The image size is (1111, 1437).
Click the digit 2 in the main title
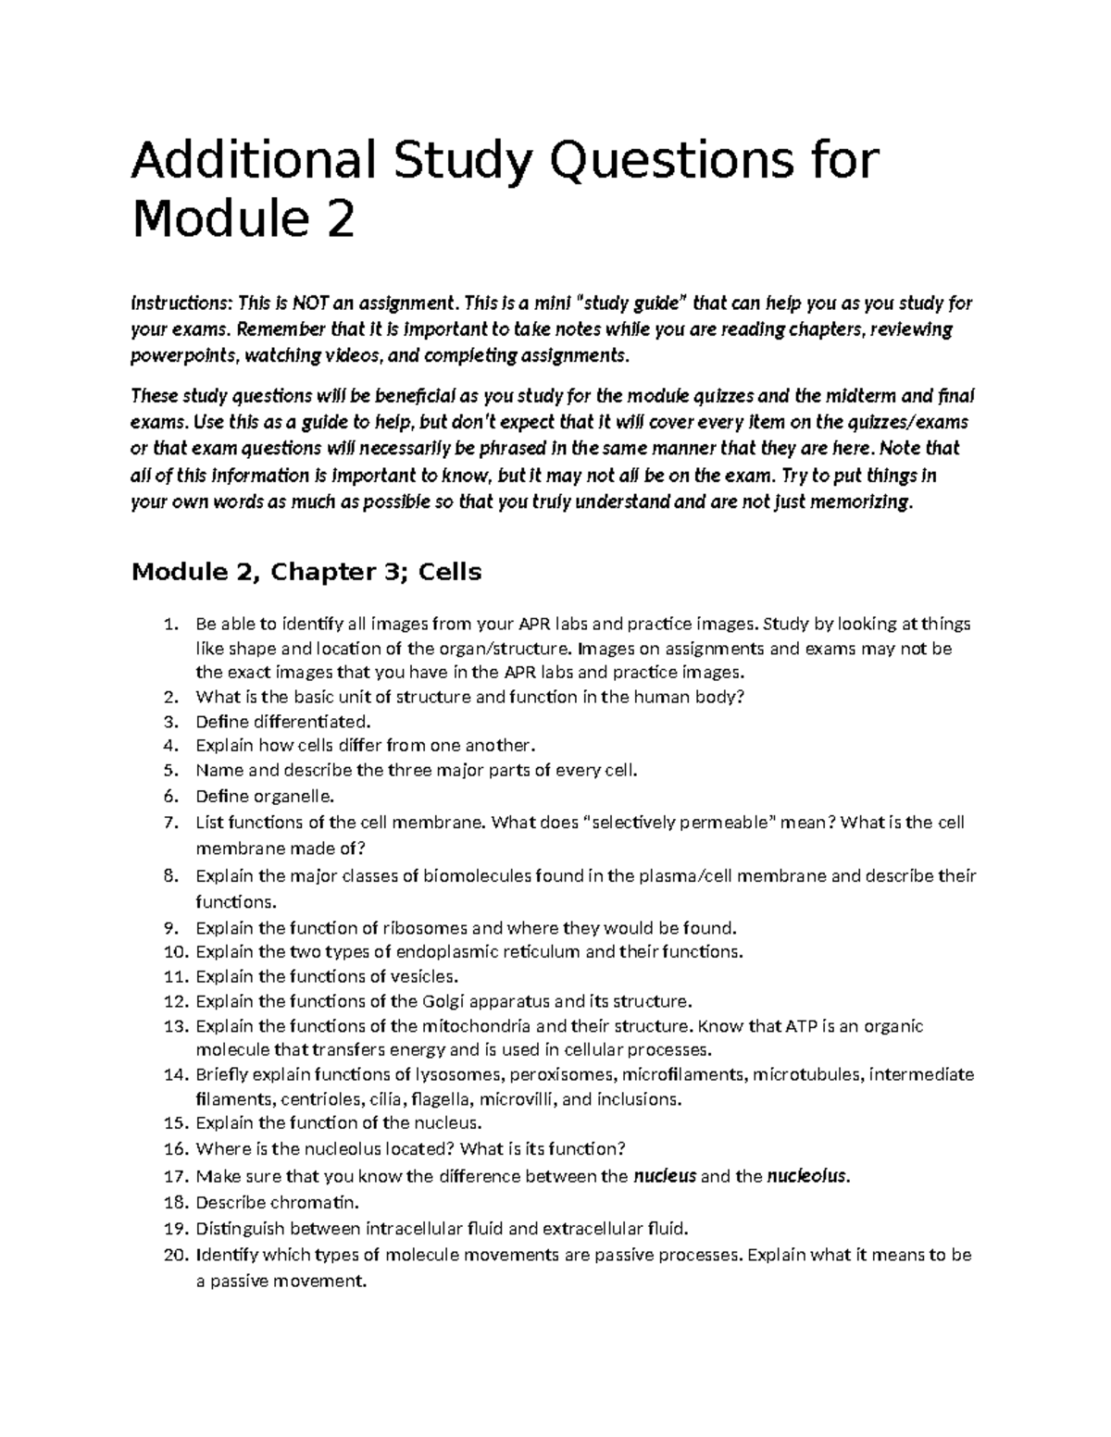click(x=340, y=220)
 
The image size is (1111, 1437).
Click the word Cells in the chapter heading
click(x=450, y=572)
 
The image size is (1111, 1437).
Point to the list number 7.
click(x=169, y=823)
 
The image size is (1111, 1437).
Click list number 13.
click(x=174, y=1026)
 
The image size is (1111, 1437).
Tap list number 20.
click(x=174, y=1256)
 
